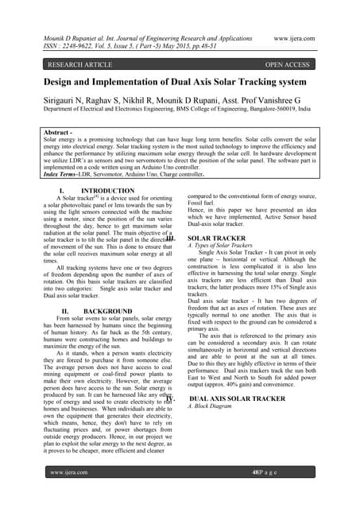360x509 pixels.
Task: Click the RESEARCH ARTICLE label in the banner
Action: (80, 65)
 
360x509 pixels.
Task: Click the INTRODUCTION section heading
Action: (108, 192)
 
